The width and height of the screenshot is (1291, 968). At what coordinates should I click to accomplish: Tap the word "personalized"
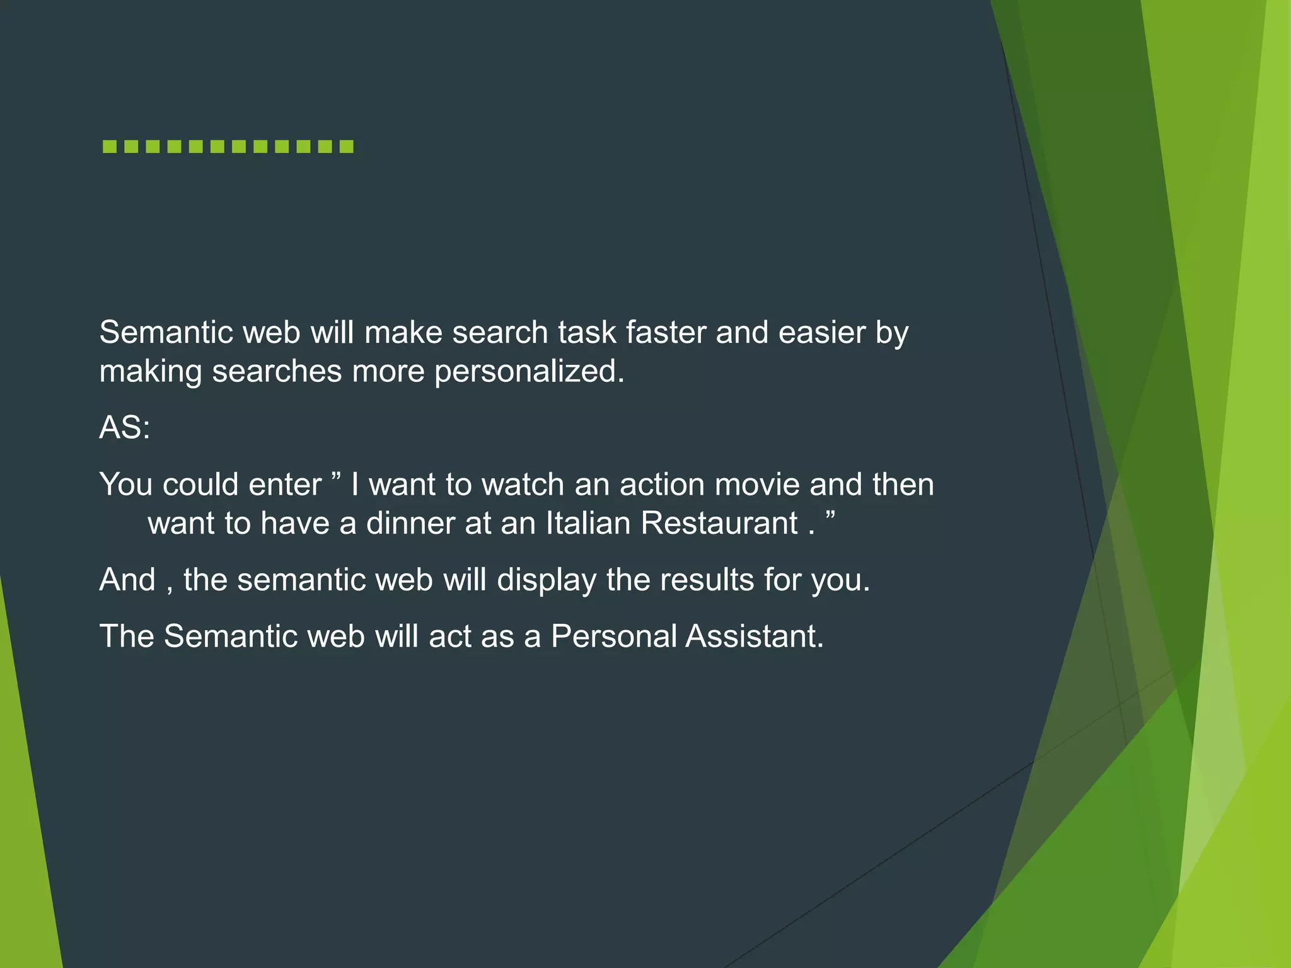tap(528, 371)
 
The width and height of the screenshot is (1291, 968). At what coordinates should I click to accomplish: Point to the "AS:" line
tap(125, 428)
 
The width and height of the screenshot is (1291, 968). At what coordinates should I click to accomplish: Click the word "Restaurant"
tap(719, 523)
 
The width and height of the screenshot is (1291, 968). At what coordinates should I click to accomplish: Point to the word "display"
tap(547, 580)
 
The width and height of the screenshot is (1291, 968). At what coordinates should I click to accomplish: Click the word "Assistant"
tap(755, 636)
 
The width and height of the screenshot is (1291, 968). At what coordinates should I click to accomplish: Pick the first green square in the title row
tap(110, 147)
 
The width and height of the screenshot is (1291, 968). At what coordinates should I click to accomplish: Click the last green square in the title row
tap(346, 147)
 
